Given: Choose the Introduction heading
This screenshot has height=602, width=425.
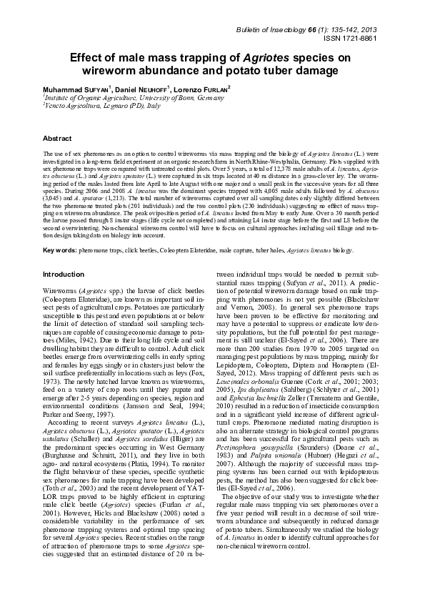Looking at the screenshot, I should tap(64, 275).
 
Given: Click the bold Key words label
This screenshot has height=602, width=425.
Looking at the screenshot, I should tap(61, 250).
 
